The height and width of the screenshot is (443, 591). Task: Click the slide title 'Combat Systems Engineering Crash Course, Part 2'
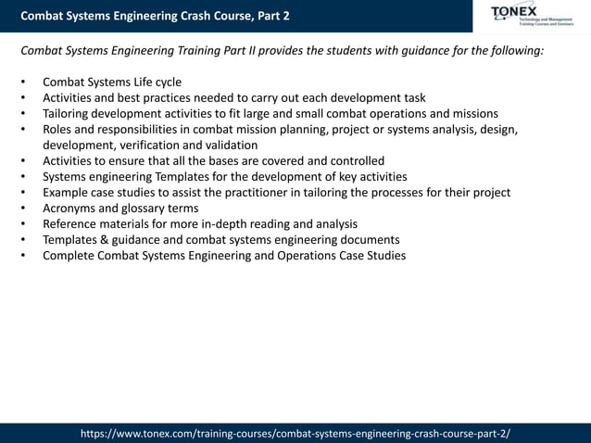(155, 16)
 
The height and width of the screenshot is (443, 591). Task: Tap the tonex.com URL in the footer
(295, 433)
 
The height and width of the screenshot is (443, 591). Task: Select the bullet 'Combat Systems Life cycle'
(112, 82)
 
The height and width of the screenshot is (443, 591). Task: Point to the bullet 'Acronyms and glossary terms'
(120, 208)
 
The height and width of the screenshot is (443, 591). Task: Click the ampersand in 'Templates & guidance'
(113, 239)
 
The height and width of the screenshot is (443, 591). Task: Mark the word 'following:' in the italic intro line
(514, 50)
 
